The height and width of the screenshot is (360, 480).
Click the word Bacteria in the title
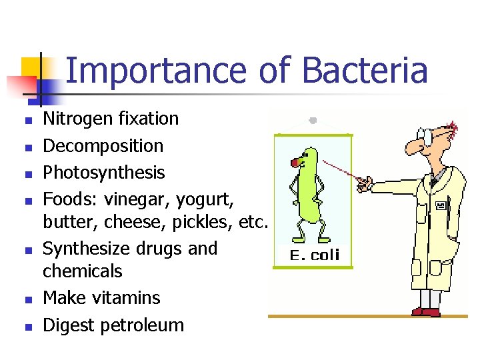pyautogui.click(x=364, y=71)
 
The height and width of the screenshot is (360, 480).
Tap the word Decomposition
pyautogui.click(x=103, y=146)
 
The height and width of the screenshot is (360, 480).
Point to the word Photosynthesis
pyautogui.click(x=103, y=173)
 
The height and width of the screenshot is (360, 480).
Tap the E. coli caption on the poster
pyautogui.click(x=315, y=255)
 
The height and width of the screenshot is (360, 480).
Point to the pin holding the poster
pyautogui.click(x=313, y=121)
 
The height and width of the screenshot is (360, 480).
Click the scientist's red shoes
pyautogui.click(x=427, y=311)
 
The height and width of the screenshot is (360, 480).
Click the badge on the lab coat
pyautogui.click(x=441, y=207)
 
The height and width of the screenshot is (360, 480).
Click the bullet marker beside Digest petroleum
pyautogui.click(x=27, y=327)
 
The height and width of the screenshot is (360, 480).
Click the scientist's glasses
pyautogui.click(x=427, y=136)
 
